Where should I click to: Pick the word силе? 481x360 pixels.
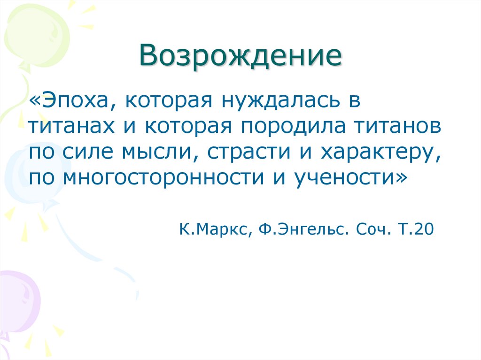90,153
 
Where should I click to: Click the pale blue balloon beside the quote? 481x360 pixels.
28,174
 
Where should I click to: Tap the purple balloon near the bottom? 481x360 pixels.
19,300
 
